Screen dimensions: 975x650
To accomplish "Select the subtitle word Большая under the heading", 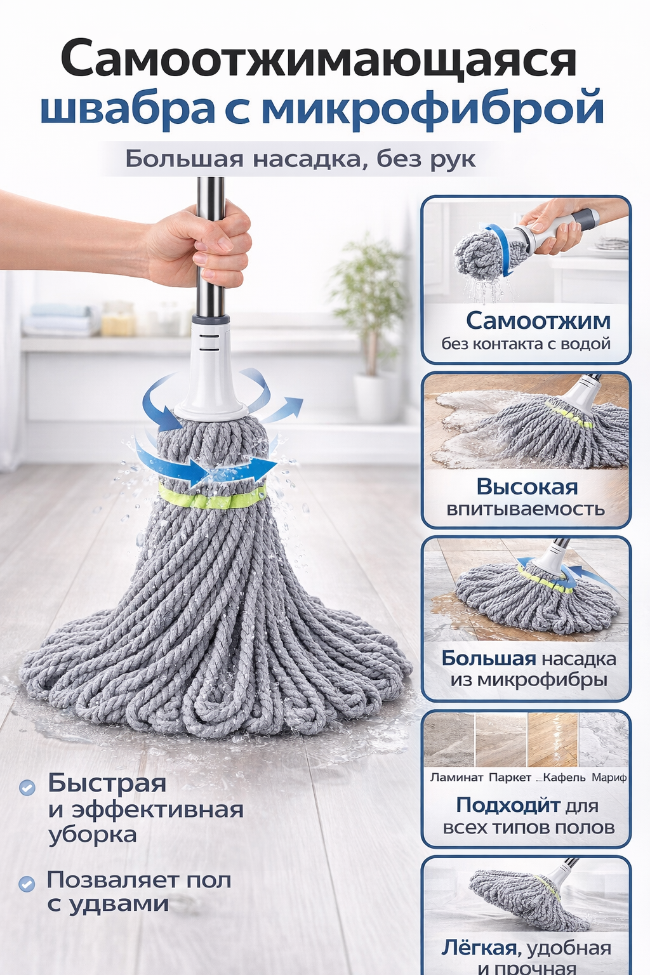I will coord(183,158).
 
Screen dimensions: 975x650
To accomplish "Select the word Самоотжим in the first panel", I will coord(538,321).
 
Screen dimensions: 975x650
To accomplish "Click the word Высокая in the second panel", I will coord(527,487).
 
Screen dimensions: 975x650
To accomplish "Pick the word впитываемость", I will coord(526,509).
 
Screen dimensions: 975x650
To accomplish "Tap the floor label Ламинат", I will coord(456,777).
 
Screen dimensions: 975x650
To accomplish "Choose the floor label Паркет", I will coord(510,777).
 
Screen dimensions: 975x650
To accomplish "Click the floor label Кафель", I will coord(564,777).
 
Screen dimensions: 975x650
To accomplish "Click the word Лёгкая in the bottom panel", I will coord(479,948).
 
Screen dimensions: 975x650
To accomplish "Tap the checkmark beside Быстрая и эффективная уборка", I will coord(27,788).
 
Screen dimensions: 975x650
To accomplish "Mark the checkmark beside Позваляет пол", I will coord(27,884).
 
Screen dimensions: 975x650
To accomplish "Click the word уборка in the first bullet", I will coord(93,835).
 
